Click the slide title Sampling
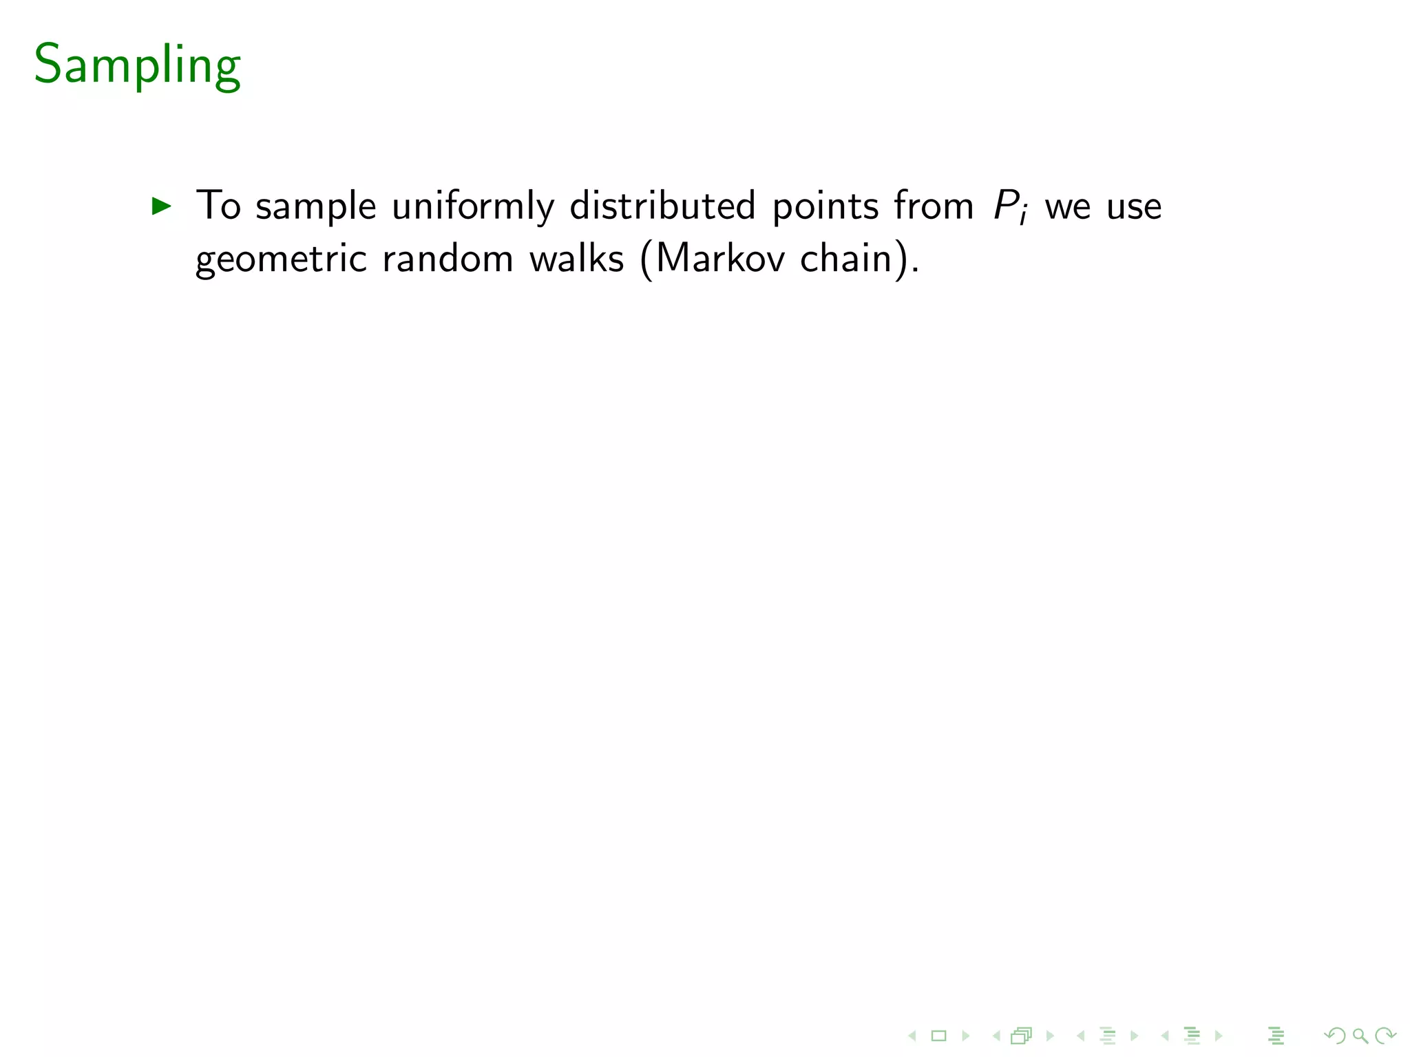(137, 65)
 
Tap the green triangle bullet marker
(162, 206)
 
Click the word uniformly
(473, 206)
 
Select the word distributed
(662, 206)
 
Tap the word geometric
(281, 259)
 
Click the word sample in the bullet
(316, 206)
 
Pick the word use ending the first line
(1134, 206)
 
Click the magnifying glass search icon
(1360, 1036)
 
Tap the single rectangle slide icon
(938, 1036)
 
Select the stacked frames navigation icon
(1022, 1036)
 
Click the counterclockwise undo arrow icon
(1335, 1036)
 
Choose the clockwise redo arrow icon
(1385, 1036)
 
